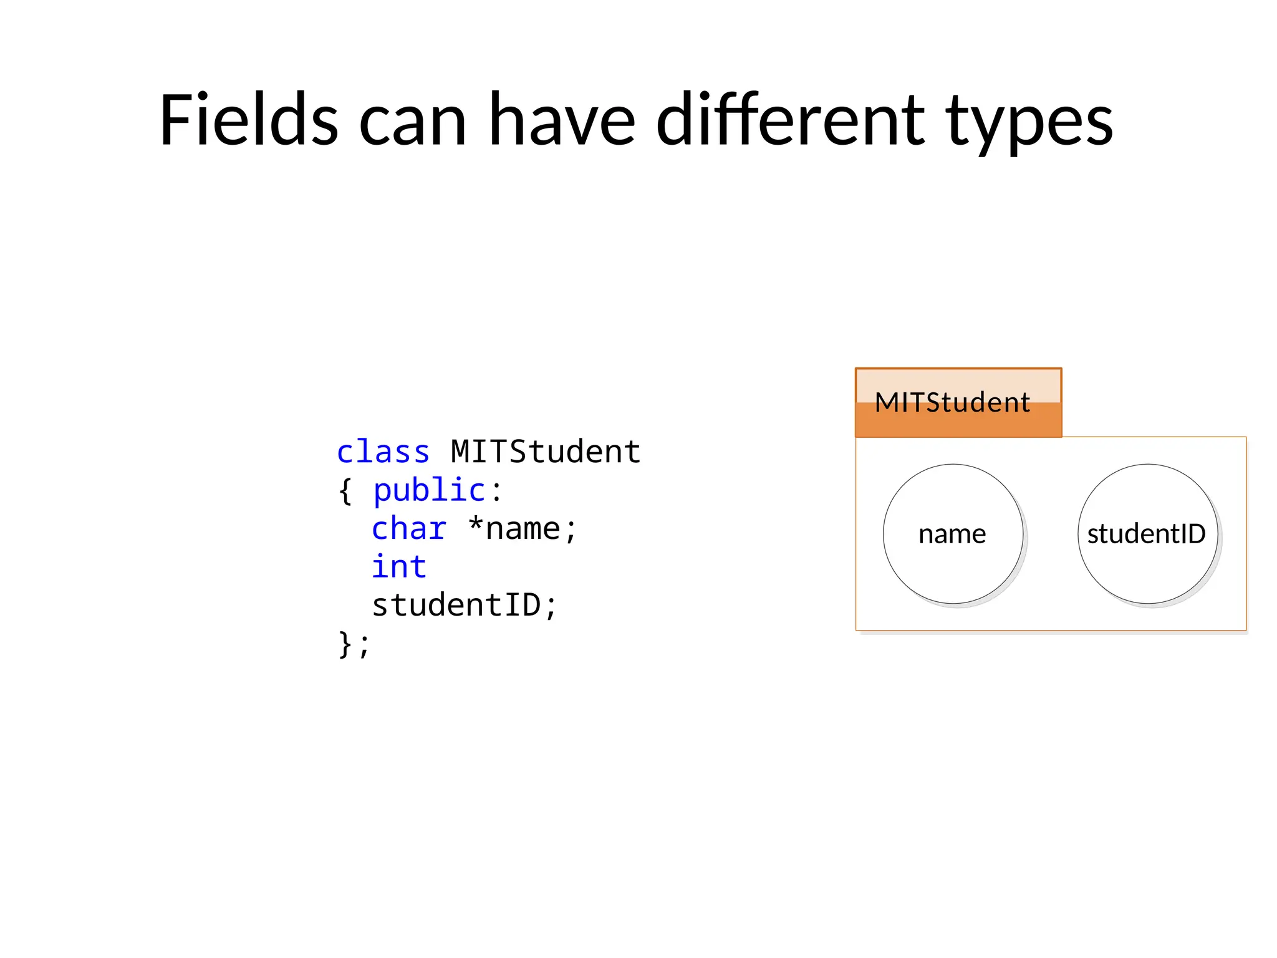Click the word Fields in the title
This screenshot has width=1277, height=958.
pos(248,120)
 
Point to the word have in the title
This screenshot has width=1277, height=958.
pos(561,120)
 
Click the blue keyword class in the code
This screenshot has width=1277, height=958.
pos(383,452)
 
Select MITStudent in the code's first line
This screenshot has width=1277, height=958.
pos(545,452)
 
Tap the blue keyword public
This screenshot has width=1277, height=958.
pos(429,490)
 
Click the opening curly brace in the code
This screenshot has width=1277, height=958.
pos(345,491)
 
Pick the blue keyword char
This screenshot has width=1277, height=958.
pos(409,529)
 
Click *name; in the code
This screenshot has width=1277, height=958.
pos(523,529)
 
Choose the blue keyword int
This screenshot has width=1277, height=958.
pos(399,567)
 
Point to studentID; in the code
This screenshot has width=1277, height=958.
pos(464,606)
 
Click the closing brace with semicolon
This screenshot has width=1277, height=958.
pos(354,644)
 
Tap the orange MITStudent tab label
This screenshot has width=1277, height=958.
pos(952,402)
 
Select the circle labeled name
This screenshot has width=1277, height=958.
pos(953,534)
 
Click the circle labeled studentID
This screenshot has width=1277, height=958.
pos(1147,534)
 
